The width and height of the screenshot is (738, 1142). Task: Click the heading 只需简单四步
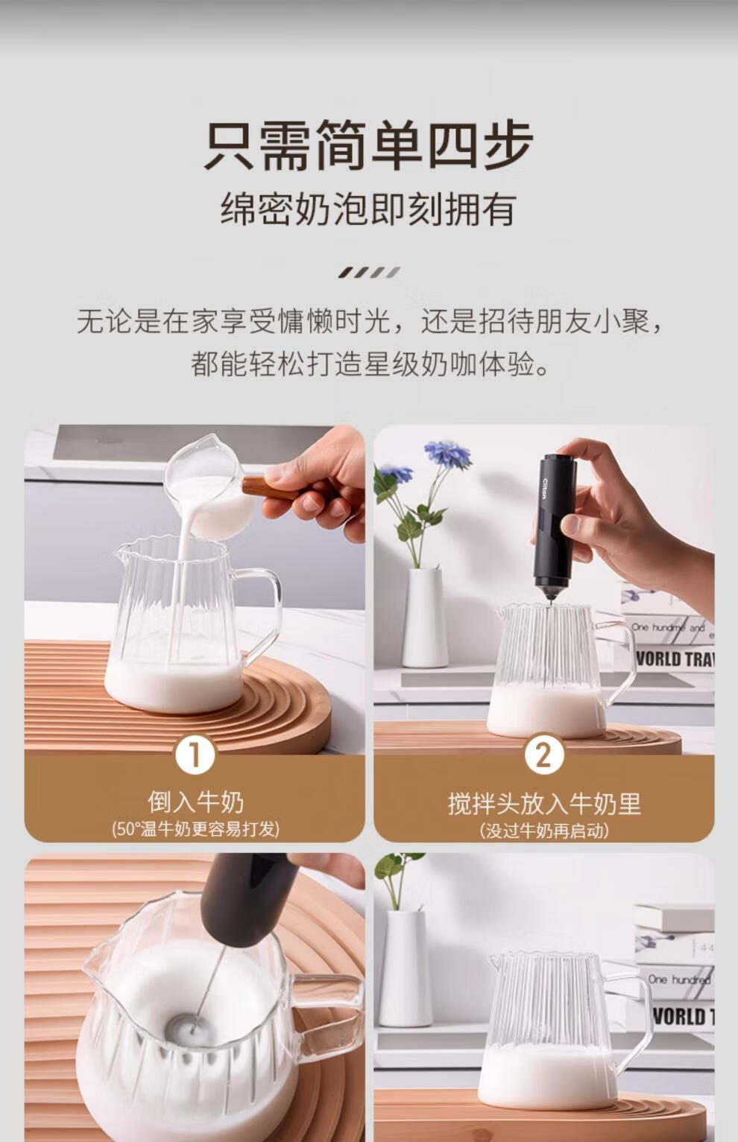pos(368,145)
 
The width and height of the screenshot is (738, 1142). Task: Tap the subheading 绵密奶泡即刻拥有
pos(368,209)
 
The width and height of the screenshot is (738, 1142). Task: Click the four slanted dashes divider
pos(369,273)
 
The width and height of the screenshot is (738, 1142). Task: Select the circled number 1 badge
pos(195,756)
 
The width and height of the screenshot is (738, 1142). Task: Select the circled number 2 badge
pos(543,756)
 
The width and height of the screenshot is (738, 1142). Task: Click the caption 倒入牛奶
pos(196,802)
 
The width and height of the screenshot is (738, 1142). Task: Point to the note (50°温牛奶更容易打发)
pos(196,829)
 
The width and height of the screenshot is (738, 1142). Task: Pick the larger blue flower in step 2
pos(448,454)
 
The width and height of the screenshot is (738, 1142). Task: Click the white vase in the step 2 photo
pos(424,618)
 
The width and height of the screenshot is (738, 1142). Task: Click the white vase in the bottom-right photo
pos(406,969)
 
